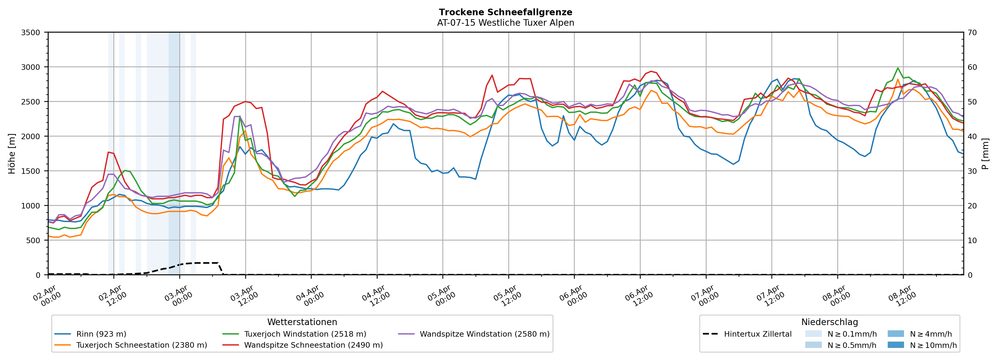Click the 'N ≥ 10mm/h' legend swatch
tap(895, 345)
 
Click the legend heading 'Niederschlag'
tap(829, 322)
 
